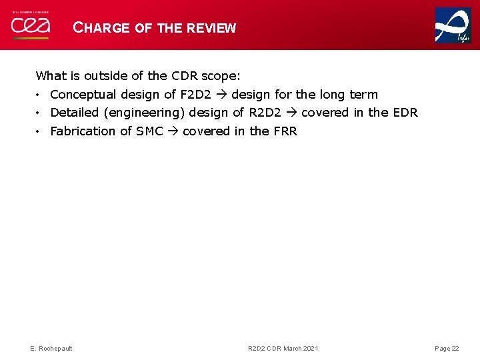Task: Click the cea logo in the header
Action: pos(29,26)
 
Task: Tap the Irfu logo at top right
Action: pos(453,25)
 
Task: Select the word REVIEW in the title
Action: pos(211,28)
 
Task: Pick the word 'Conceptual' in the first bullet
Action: pos(83,95)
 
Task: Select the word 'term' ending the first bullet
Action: pos(363,95)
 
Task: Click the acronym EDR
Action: pos(405,113)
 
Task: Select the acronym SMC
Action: pos(149,131)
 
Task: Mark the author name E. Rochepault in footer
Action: pos(51,349)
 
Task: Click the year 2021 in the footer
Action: pos(310,349)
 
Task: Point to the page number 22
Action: pos(455,349)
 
